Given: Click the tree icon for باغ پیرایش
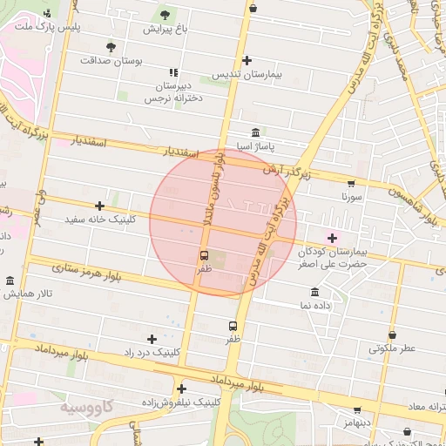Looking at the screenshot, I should (165, 14).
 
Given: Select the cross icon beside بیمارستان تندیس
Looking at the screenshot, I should (248, 60).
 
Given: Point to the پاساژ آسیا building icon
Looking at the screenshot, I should (254, 132).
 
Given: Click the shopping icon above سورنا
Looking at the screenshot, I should (350, 184).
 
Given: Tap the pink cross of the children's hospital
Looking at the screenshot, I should (331, 237).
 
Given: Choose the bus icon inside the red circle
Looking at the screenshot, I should (204, 255).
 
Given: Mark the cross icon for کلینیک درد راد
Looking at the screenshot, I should (152, 339).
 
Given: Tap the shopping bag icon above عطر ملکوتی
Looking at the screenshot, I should (392, 334).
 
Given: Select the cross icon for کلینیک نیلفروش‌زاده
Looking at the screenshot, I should (181, 389).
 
